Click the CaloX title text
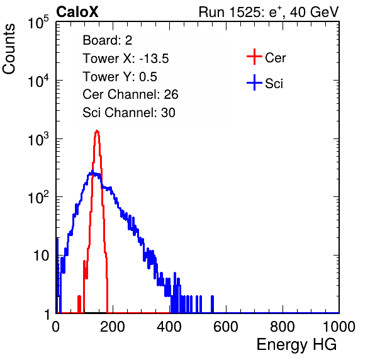tap(77, 12)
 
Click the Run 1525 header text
tap(269, 12)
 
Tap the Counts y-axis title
tap(9, 49)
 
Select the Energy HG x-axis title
tap(296, 345)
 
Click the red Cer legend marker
tap(254, 57)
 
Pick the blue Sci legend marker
tap(254, 82)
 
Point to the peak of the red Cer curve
tap(97, 131)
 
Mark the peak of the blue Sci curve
tap(92, 171)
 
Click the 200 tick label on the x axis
tap(113, 327)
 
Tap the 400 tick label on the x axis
tap(169, 327)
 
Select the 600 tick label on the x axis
tap(226, 327)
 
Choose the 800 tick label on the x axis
tap(283, 327)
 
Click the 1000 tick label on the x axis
tap(339, 327)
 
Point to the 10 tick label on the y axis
tap(42, 256)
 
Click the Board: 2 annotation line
tap(108, 40)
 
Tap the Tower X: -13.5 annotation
tap(126, 59)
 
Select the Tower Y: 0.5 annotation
tap(120, 77)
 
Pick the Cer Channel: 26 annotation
tap(130, 94)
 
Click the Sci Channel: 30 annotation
tap(129, 113)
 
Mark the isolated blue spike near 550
tap(212, 304)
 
